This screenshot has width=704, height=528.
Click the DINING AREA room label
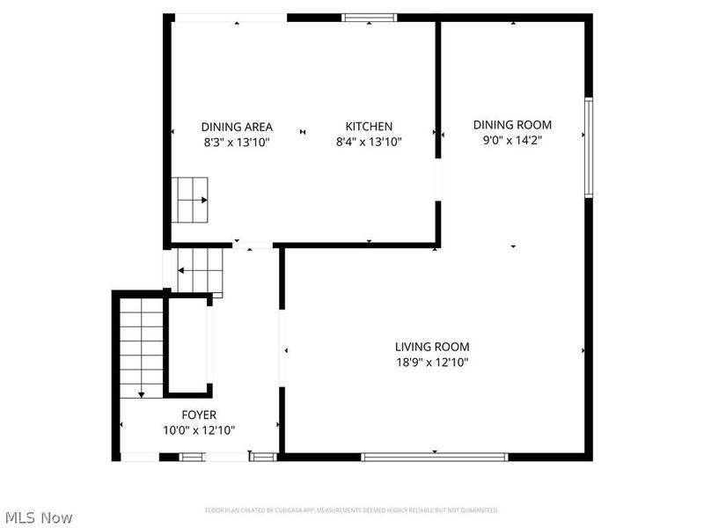237,126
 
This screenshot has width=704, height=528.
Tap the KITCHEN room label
369,126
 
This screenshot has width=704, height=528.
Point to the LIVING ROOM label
432,347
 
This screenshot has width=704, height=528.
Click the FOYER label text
199,414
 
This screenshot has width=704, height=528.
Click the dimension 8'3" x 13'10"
237,141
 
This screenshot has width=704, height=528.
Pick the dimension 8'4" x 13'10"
369,141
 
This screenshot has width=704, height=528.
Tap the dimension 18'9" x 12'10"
432,362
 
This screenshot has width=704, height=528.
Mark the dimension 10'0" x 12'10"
199,429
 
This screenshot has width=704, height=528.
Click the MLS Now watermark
38,517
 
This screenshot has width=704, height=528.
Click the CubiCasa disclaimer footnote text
352,510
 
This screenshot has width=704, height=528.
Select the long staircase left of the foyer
141,347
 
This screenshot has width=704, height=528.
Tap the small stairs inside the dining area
192,200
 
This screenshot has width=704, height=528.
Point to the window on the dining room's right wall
589,147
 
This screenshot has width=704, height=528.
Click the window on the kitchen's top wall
369,17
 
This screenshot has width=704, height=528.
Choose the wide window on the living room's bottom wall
435,457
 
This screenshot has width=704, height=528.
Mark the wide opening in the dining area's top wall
229,18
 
